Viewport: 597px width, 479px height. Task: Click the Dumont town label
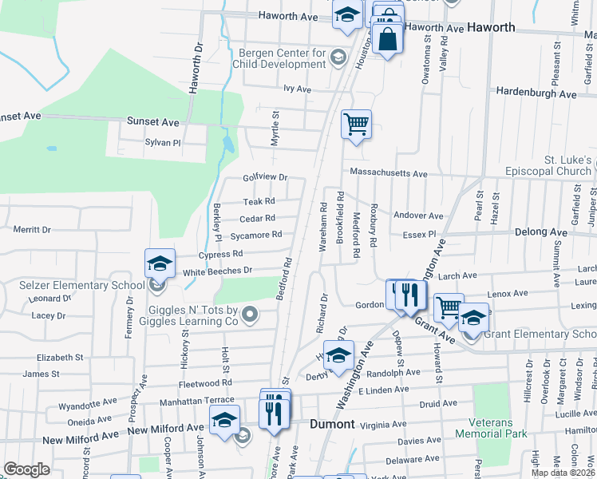click(x=332, y=424)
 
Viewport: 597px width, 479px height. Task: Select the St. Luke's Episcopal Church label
click(x=551, y=166)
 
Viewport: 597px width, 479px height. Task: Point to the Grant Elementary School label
click(x=539, y=334)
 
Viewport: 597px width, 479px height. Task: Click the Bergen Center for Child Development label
click(x=283, y=59)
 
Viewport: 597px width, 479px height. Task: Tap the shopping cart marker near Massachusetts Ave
click(x=356, y=125)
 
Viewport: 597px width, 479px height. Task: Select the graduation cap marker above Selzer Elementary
click(x=160, y=263)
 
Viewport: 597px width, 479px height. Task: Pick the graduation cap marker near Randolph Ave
click(x=338, y=354)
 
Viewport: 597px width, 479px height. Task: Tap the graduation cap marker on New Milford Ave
click(x=224, y=419)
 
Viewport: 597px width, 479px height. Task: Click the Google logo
click(x=26, y=469)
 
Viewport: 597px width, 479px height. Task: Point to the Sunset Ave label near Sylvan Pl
click(x=153, y=122)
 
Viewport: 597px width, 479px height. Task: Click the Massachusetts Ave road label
click(x=388, y=173)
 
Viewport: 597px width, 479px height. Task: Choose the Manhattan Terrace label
click(x=196, y=402)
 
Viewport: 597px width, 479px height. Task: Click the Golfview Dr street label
click(x=265, y=177)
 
